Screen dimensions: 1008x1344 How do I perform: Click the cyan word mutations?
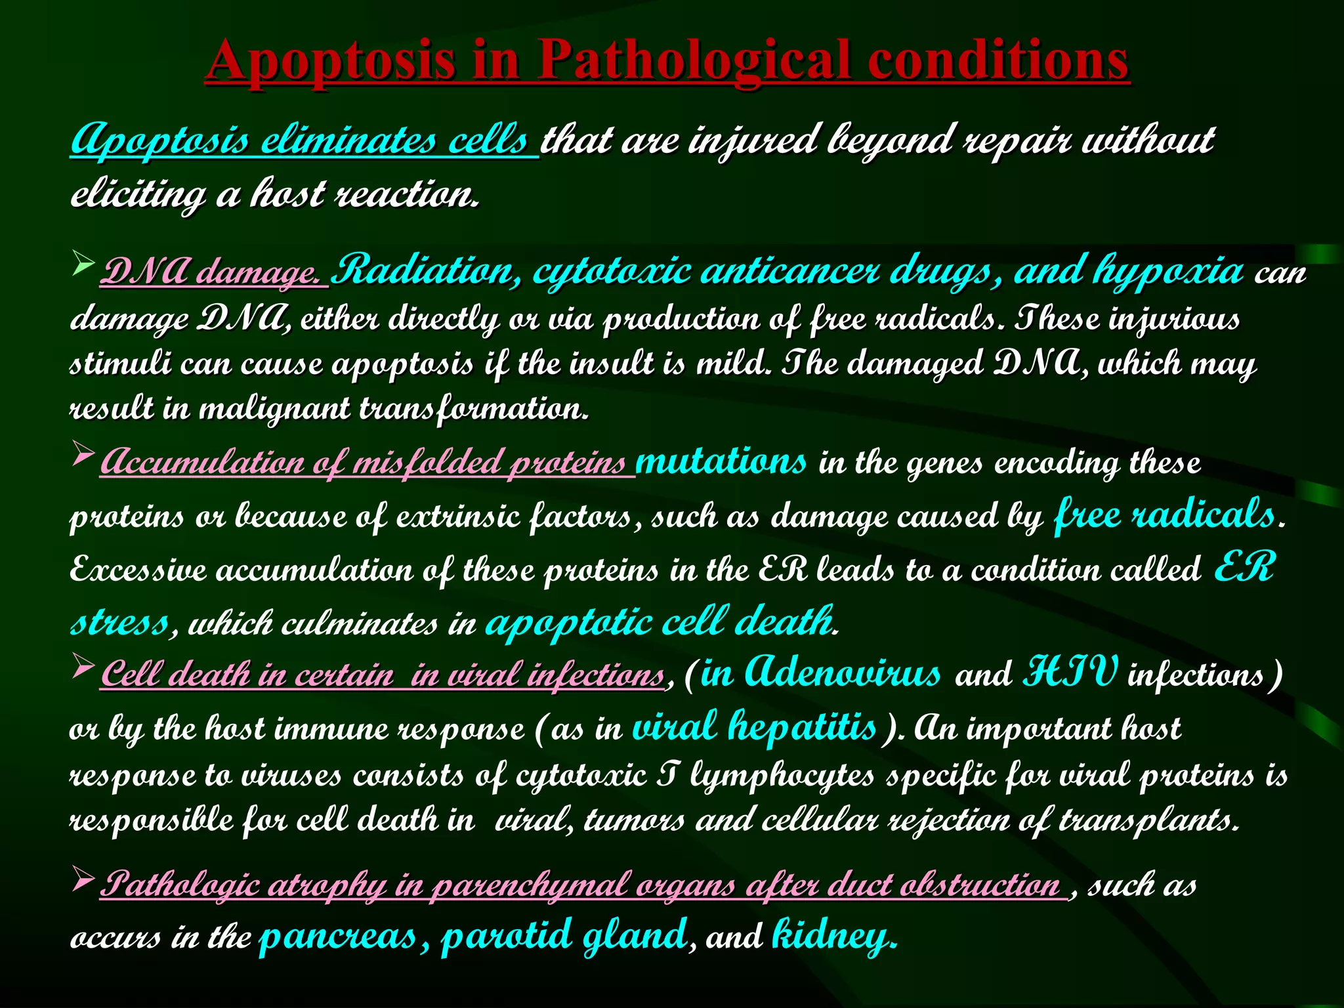pos(721,461)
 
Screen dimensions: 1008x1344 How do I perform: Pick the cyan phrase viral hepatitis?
pos(755,727)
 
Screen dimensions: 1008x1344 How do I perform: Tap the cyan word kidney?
pos(832,936)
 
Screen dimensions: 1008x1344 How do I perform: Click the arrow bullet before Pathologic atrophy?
pos(83,878)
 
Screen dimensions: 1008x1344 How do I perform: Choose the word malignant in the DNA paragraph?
pos(274,409)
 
